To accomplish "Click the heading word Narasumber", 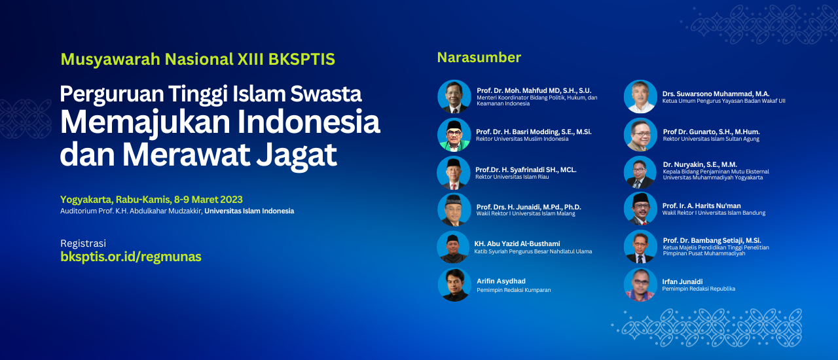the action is coord(479,58).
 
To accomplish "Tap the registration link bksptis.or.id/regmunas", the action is coord(131,257).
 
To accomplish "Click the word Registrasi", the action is coord(83,243).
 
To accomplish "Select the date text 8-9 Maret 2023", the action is coord(208,200).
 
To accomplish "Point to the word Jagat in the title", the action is coord(297,154).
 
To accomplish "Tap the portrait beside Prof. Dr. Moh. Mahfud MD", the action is coord(454,97).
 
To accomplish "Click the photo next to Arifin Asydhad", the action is coord(454,285).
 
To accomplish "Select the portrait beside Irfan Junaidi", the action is coord(640,285).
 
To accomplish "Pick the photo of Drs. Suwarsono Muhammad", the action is coord(640,97).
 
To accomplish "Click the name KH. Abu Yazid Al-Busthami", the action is coord(517,243).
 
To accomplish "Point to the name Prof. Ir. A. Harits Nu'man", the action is coord(701,206).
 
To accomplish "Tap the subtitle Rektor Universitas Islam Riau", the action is coord(512,177).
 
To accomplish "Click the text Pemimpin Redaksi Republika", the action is coord(699,289).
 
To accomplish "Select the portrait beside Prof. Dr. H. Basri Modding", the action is coord(454,135).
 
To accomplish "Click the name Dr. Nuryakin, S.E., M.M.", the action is coord(700,164).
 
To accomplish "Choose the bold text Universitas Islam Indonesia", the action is coord(249,211).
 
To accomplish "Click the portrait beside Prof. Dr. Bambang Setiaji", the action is coord(640,247).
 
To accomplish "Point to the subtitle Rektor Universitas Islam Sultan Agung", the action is coord(711,139).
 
